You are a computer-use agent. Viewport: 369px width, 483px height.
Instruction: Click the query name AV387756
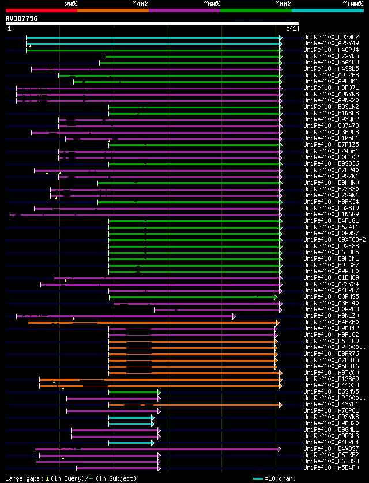22,18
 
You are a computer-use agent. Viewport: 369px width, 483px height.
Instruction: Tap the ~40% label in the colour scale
140,3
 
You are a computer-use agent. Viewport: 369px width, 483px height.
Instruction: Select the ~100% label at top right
353,3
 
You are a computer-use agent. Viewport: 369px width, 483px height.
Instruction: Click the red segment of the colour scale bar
41,10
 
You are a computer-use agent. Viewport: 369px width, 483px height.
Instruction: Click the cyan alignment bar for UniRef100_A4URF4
130,443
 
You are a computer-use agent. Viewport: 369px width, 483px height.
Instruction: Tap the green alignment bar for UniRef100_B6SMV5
133,392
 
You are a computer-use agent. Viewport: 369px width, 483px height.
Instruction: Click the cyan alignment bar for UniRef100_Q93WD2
153,37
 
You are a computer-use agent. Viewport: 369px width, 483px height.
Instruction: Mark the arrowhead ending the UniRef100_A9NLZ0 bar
234,316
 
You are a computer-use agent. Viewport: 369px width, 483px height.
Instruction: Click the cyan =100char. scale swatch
258,478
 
